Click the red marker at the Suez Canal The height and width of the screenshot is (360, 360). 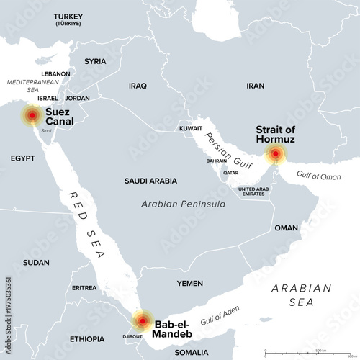[x=32, y=115]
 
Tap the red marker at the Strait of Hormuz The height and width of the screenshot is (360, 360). [x=275, y=153]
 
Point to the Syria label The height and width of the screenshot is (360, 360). [x=95, y=62]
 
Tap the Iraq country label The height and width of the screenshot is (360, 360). [x=138, y=86]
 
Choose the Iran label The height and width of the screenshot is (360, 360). [x=255, y=86]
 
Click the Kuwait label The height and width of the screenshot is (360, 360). [x=191, y=128]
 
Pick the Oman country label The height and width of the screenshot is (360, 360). [x=286, y=228]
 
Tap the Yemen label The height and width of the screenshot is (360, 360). [x=190, y=284]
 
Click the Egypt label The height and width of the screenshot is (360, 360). [x=22, y=157]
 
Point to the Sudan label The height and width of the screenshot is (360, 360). [x=36, y=263]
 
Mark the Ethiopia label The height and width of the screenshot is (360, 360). [x=87, y=338]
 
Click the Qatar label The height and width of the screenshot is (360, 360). [x=231, y=173]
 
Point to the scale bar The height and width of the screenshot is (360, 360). [x=310, y=353]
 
